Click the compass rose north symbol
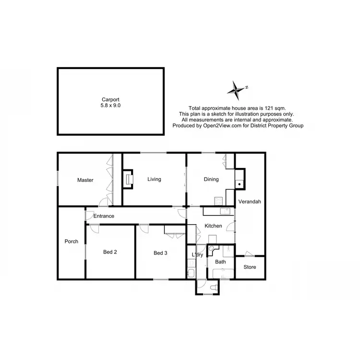pos(237,88)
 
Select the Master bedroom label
pos(85,180)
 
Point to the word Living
pos(154,180)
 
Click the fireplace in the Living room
pos(129,180)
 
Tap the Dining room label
pos(211,180)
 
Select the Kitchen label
pos(213,226)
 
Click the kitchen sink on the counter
pos(223,210)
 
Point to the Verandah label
pos(250,202)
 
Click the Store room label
pos(250,267)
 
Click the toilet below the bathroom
pos(214,287)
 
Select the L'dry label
pos(197,254)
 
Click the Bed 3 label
pos(160,253)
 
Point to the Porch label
pos(72,241)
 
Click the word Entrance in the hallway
pos(104,216)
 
